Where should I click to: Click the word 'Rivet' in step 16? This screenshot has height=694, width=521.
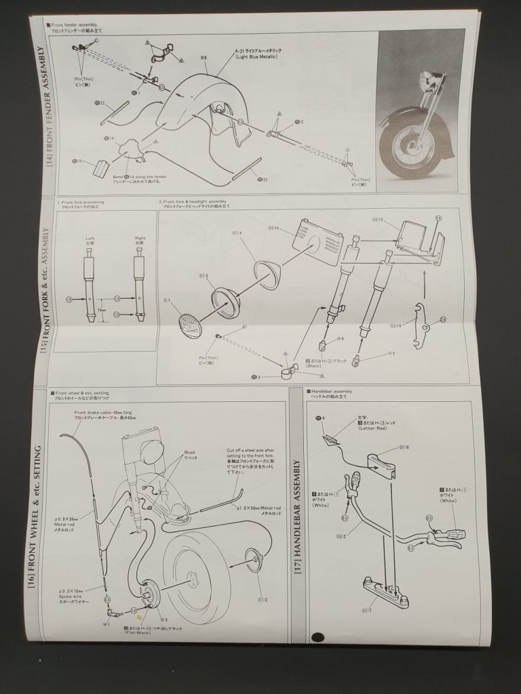pyautogui.click(x=190, y=452)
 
